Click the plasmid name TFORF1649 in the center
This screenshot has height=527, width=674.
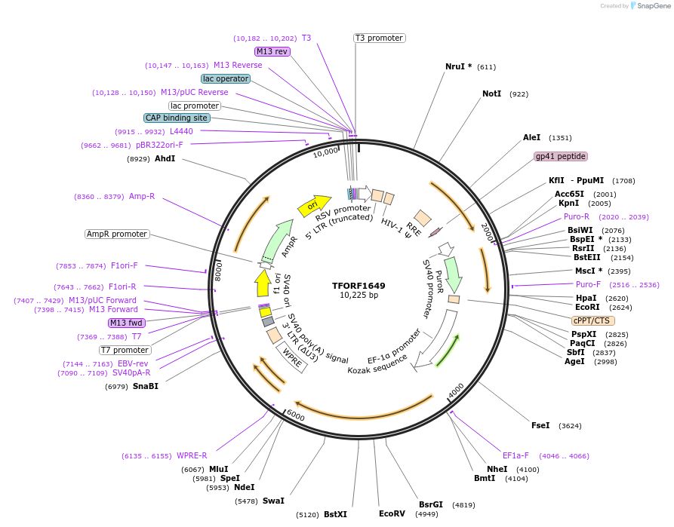point(359,286)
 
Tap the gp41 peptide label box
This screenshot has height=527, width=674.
point(560,156)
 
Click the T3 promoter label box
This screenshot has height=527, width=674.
point(379,38)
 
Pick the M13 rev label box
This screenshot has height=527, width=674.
point(272,51)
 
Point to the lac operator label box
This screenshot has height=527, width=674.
point(226,78)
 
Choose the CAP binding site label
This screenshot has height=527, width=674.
point(177,118)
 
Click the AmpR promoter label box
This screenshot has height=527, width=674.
point(117,234)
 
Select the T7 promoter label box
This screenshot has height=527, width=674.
point(125,350)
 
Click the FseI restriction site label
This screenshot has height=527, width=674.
point(540,426)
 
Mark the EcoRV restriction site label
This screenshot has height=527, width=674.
point(392,514)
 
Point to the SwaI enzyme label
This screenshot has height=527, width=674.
point(273,501)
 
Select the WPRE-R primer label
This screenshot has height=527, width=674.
point(192,455)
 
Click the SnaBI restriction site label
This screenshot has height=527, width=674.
point(146,386)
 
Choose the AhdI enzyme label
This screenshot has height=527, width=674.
point(165,158)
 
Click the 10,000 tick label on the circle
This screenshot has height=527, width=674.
point(325,152)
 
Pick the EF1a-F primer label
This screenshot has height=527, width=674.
point(516,455)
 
